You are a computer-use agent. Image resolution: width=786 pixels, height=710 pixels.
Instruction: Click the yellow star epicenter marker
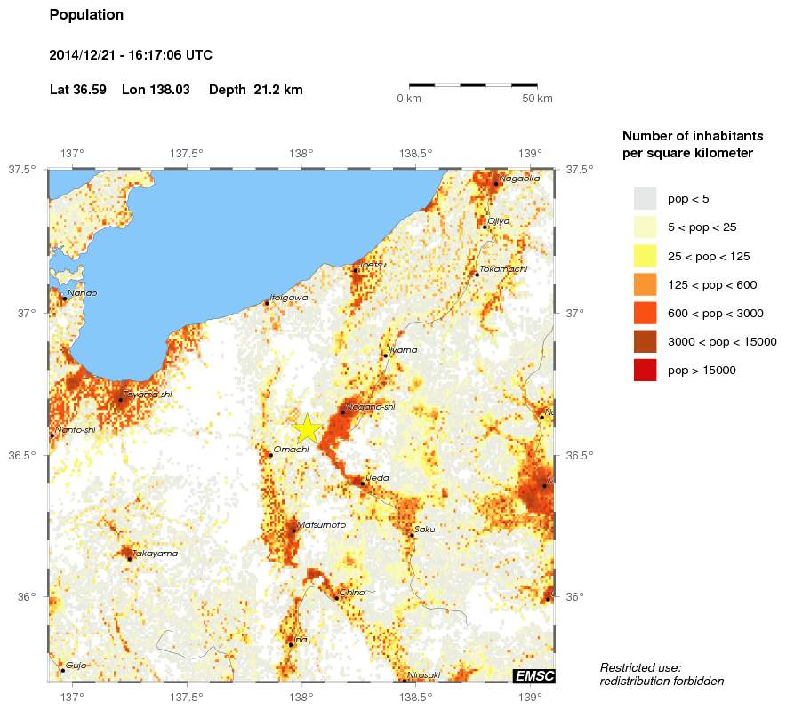coord(307,428)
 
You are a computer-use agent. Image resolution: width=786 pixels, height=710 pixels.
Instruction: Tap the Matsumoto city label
coord(321,525)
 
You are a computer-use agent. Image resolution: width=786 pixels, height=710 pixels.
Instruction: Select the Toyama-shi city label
coord(148,395)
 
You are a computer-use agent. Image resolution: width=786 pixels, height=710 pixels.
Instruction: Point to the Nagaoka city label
coord(519,179)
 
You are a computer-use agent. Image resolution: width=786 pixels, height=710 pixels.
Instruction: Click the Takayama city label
coord(155,554)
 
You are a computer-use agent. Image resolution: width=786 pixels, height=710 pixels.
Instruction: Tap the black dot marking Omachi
coord(271,455)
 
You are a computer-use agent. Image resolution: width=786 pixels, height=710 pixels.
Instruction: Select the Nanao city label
coord(83,292)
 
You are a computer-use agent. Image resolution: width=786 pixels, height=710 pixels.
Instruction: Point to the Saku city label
coord(425,530)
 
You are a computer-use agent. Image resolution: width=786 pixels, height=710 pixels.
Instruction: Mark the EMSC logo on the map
coord(533,676)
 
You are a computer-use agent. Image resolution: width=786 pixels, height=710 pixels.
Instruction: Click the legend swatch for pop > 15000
coord(645,371)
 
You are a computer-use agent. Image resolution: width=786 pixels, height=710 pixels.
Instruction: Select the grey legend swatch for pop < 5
coord(645,198)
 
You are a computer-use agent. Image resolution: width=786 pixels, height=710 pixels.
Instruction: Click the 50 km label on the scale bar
coord(537,98)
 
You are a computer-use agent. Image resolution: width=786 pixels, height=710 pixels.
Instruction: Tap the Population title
coord(86,15)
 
